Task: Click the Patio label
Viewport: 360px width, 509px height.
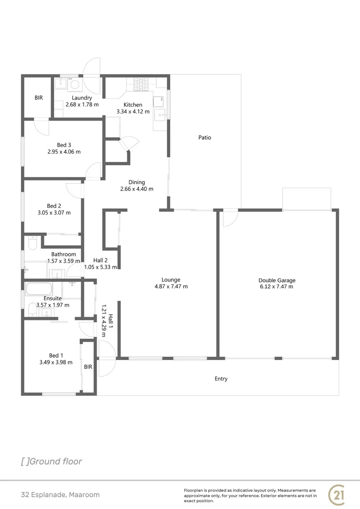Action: click(205, 138)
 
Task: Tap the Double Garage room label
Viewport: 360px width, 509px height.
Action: click(277, 280)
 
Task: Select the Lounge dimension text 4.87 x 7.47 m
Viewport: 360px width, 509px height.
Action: click(171, 286)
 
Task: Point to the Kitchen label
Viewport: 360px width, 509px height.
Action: click(133, 105)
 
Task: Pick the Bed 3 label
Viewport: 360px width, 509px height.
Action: click(64, 145)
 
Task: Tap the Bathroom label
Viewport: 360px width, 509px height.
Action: click(64, 254)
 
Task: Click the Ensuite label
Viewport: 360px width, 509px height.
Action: click(52, 298)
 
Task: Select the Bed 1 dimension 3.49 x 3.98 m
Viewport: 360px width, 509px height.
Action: click(56, 362)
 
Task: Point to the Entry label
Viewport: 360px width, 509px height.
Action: click(221, 378)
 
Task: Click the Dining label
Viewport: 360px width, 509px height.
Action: click(137, 182)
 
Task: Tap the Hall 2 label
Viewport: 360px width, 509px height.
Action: click(100, 260)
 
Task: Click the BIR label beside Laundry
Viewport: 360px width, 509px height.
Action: click(39, 98)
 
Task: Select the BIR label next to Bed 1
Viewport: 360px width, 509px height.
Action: click(88, 367)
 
